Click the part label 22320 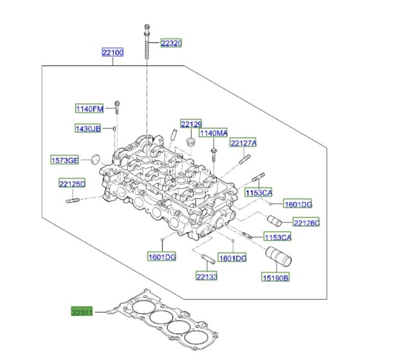tap(171, 43)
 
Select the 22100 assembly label tap(112, 53)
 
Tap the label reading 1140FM tap(89, 109)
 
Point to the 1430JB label tap(88, 129)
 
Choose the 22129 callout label tap(191, 124)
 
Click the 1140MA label tap(213, 133)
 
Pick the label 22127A tap(243, 143)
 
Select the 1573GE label tap(65, 160)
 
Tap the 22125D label tap(72, 184)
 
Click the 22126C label tap(306, 223)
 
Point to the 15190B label tap(275, 277)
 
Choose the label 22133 tap(207, 277)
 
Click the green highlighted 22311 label tap(82, 312)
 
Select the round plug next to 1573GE tap(95, 159)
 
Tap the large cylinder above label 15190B tap(278, 256)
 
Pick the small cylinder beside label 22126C tap(274, 221)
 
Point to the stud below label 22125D tap(72, 201)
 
